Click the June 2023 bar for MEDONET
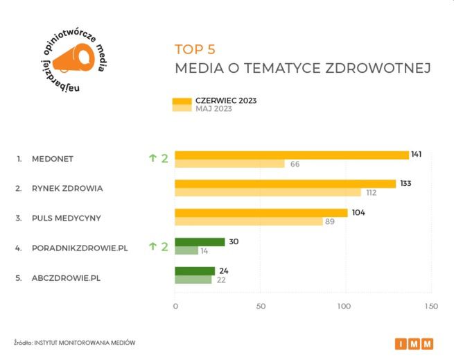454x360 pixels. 291,155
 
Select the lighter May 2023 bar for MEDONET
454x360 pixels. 229,164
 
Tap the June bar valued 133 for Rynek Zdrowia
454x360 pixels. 285,184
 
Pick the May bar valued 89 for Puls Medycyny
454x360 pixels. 249,221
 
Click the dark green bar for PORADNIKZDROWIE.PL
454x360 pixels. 200,242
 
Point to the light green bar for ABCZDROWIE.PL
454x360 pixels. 193,280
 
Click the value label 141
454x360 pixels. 417,154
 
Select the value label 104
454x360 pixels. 358,213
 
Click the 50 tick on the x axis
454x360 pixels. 261,306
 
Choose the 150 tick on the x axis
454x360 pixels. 431,306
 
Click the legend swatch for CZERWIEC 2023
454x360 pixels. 182,101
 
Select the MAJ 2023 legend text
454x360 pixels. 213,109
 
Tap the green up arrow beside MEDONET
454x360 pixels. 152,158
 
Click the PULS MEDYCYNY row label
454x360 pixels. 67,218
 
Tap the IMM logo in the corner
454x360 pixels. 415,343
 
